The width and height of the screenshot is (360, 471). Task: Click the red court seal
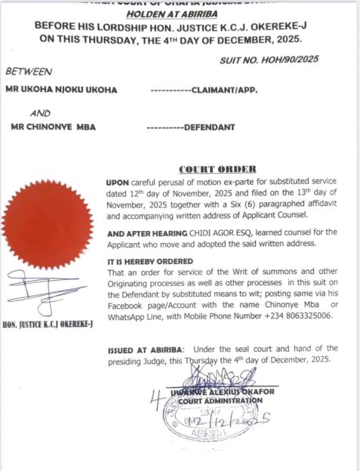coord(48,224)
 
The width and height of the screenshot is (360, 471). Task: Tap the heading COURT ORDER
coord(217,168)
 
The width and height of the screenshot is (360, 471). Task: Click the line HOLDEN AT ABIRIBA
coord(180,13)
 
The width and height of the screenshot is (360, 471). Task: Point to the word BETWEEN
coord(28,72)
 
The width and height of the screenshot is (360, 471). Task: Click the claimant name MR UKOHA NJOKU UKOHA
coord(61,90)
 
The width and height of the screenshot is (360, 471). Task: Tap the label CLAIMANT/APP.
coord(226,90)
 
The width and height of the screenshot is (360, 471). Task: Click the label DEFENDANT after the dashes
coord(209,126)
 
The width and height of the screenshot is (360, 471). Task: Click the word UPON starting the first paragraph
coord(118,183)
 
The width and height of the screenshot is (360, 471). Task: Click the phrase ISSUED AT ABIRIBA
coord(144,348)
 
